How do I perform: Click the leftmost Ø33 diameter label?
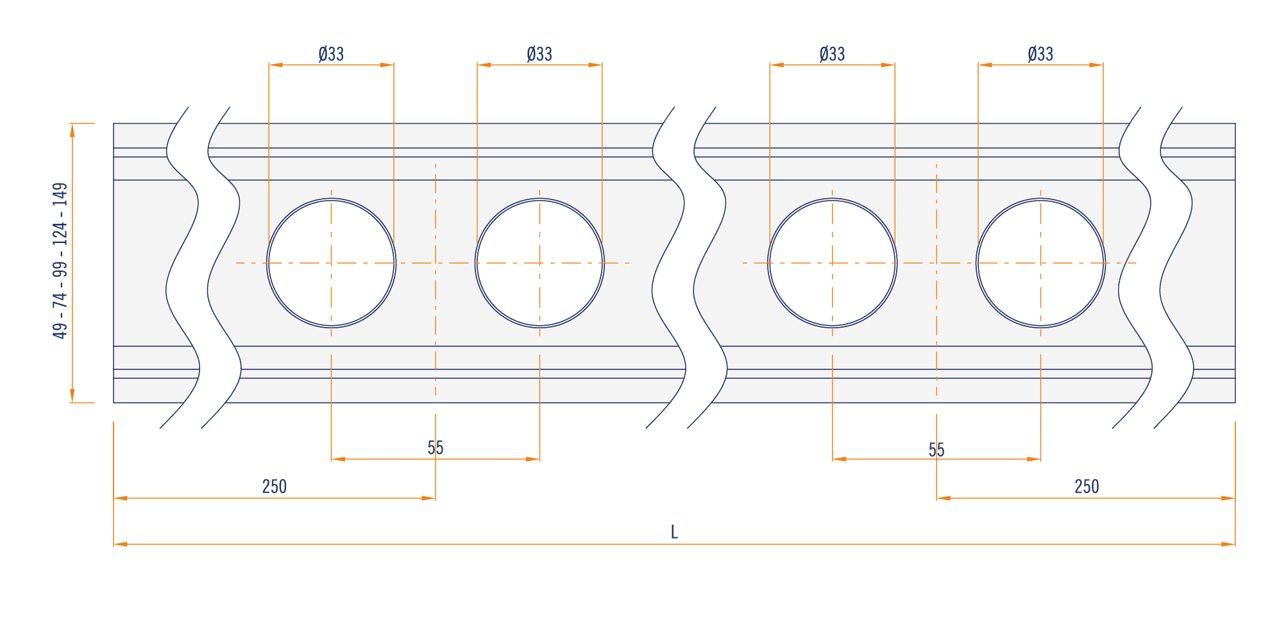(331, 54)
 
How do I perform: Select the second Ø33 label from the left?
(539, 54)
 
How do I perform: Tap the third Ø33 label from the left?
(832, 54)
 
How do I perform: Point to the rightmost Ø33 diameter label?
(1040, 54)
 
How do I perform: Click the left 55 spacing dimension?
(436, 448)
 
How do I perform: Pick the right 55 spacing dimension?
(936, 449)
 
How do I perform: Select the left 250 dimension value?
(275, 487)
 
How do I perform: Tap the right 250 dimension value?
(1087, 487)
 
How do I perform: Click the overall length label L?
(674, 532)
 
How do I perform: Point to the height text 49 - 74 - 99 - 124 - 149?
(60, 261)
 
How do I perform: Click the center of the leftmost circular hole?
(331, 263)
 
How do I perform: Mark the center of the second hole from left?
(539, 263)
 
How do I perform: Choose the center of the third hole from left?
(832, 263)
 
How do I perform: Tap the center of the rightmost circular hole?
(1040, 263)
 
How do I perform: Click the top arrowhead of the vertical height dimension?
(72, 130)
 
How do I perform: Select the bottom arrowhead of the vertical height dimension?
(72, 396)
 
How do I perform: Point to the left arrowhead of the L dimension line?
(121, 544)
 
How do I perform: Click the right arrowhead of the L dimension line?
(1228, 544)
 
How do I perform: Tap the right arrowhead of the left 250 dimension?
(428, 498)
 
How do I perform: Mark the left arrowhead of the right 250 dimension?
(944, 498)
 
